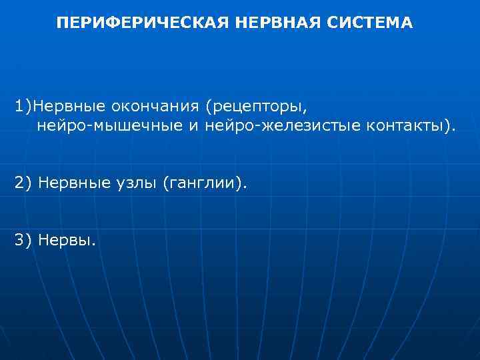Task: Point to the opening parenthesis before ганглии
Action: tap(165, 183)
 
